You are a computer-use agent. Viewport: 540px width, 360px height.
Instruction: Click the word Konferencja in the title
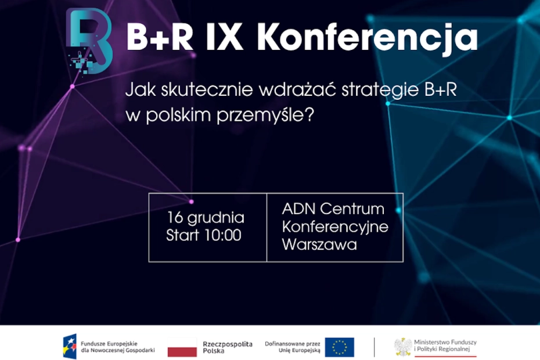point(367,39)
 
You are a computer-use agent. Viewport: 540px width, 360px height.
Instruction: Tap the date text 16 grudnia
point(205,218)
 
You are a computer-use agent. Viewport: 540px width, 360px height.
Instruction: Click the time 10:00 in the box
point(221,236)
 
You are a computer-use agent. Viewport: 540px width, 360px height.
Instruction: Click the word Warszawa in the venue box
point(319,244)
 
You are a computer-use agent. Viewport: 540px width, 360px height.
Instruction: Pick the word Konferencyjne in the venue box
point(335,226)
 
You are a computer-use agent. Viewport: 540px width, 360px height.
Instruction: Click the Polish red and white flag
point(182,347)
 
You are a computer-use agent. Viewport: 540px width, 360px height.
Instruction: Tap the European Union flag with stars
point(339,347)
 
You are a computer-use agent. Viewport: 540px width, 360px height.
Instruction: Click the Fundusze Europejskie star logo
point(70,347)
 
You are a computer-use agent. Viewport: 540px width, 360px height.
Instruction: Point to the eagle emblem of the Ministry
point(402,347)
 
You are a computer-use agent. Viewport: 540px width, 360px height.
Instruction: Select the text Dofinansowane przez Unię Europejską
point(292,347)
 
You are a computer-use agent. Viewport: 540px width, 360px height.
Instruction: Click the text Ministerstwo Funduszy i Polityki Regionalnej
point(445,347)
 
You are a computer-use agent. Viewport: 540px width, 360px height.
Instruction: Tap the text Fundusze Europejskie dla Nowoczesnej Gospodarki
point(117,347)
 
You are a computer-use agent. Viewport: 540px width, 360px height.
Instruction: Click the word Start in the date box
point(182,236)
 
